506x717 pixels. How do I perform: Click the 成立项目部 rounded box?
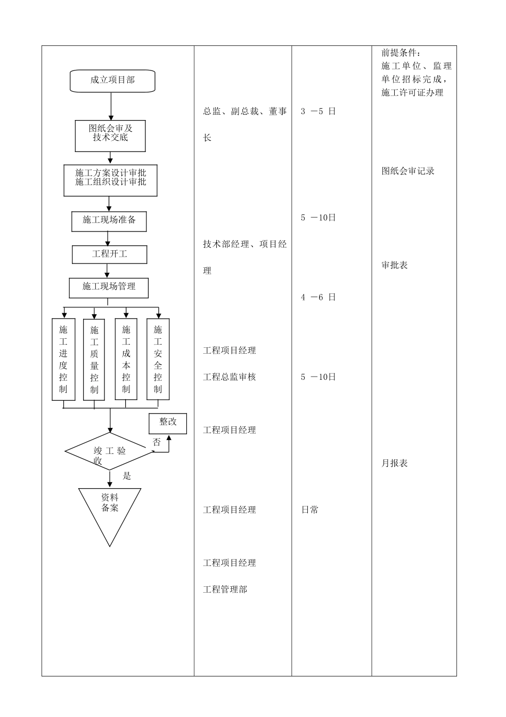coord(112,81)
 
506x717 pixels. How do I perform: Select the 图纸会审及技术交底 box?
coord(110,136)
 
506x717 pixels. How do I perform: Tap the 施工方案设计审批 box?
coord(110,180)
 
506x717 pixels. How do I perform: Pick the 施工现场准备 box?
coord(109,221)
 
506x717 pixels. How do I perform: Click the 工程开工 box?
coord(109,254)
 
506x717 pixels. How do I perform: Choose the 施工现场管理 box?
coord(109,288)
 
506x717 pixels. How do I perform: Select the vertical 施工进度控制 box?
coord(63,359)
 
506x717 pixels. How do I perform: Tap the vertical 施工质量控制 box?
coord(94,359)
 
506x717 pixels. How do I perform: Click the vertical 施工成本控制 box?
coord(126,359)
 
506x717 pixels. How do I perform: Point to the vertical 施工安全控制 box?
coord(158,359)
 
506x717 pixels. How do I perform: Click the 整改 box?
coord(168,423)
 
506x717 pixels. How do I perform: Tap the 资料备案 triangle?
coord(110,509)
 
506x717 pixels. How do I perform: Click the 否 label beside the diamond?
coord(157,442)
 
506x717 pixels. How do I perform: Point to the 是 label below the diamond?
coord(127,476)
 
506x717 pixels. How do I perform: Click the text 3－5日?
coord(318,111)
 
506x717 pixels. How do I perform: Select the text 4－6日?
coord(318,298)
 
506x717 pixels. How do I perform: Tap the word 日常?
coord(310,510)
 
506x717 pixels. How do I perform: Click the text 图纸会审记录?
coord(408,171)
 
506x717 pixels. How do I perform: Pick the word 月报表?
coord(395,464)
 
